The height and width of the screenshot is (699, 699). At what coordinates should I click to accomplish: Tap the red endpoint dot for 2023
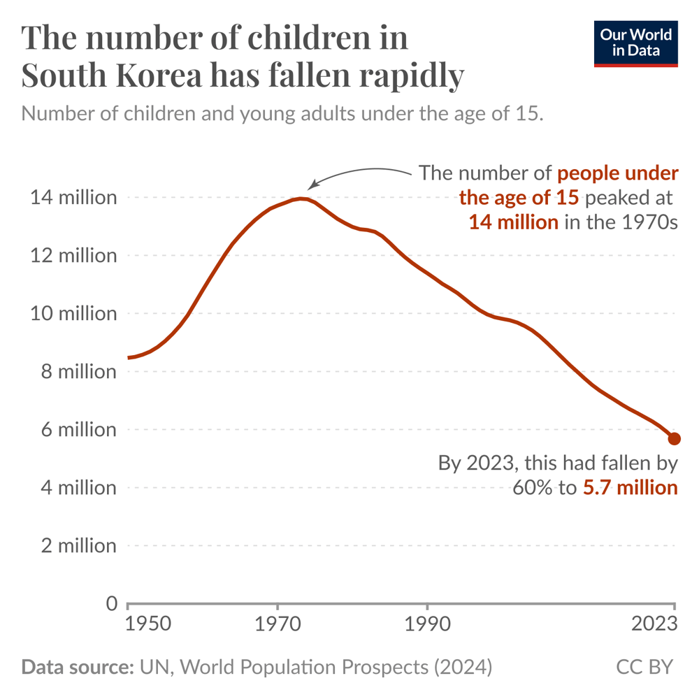(x=675, y=439)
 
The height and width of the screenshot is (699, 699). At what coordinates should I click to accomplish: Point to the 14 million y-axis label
(x=73, y=198)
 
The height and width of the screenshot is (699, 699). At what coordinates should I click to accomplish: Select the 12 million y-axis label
(x=73, y=256)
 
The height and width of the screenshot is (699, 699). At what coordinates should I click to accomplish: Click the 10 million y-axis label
(x=73, y=314)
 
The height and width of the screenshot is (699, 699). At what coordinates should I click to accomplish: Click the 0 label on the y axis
(x=111, y=603)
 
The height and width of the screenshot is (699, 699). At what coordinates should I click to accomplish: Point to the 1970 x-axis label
(x=278, y=624)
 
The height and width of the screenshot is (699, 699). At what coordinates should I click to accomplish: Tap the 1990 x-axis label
(x=427, y=624)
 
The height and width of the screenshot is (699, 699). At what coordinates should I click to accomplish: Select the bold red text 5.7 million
(x=630, y=487)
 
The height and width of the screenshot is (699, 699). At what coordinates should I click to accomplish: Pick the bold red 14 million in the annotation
(x=513, y=222)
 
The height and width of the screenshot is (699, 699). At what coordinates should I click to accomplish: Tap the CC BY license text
(x=644, y=667)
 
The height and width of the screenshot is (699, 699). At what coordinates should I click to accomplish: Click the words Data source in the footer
(x=77, y=667)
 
